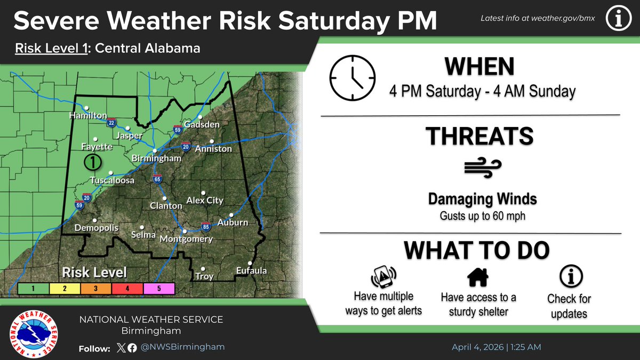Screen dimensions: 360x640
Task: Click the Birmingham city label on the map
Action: tap(156, 158)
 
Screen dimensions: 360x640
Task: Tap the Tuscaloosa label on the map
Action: tap(112, 181)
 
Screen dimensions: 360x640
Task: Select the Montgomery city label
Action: tap(186, 239)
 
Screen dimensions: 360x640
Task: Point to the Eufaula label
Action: tap(251, 271)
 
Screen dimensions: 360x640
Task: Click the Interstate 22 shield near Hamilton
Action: tap(111, 123)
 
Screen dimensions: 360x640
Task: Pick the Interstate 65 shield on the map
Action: tap(157, 179)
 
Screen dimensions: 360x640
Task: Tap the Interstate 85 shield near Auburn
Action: tap(205, 226)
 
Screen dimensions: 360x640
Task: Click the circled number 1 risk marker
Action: tap(93, 161)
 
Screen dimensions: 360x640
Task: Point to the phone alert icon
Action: tap(383, 277)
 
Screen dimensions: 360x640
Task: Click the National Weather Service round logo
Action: tap(35, 334)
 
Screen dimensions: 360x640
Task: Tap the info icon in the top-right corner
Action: tap(619, 19)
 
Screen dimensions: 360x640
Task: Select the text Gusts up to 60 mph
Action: tap(482, 217)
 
